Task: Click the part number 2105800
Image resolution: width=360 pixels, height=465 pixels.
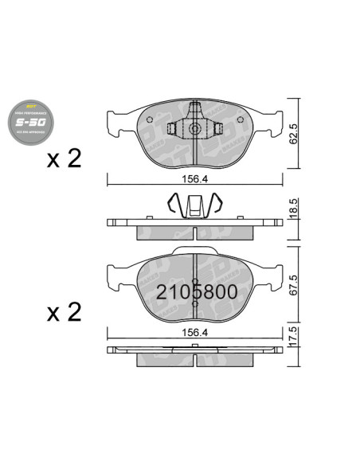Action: click(195, 291)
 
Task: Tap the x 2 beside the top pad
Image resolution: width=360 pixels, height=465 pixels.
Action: click(64, 159)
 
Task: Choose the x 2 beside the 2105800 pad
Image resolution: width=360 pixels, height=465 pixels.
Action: click(64, 312)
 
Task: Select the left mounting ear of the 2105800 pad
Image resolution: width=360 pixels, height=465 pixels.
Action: click(117, 277)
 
